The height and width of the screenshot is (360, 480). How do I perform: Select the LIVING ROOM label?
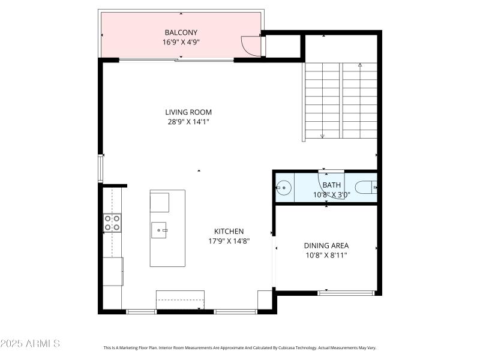tap(188, 112)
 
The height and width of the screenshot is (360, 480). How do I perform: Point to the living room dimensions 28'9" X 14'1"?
tap(188, 121)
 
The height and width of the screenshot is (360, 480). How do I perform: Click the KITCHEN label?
tap(229, 231)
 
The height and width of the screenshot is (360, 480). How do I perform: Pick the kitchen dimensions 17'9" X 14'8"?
tap(229, 241)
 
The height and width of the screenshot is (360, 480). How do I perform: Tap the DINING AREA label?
tap(326, 245)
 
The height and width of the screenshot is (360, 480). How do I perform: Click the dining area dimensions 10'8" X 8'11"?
tap(326, 255)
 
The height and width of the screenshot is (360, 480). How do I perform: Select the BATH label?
tap(331, 185)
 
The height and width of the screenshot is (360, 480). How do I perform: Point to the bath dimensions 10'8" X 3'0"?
tap(331, 194)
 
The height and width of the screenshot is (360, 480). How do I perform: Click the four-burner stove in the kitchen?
tap(112, 223)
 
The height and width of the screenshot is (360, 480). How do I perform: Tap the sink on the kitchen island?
tap(160, 229)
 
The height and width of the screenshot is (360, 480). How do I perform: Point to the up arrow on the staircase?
tap(360, 65)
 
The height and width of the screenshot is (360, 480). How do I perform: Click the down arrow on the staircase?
tap(322, 136)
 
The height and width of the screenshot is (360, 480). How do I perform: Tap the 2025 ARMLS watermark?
tap(30, 344)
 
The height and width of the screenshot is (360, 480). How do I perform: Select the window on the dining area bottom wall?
tap(347, 293)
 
